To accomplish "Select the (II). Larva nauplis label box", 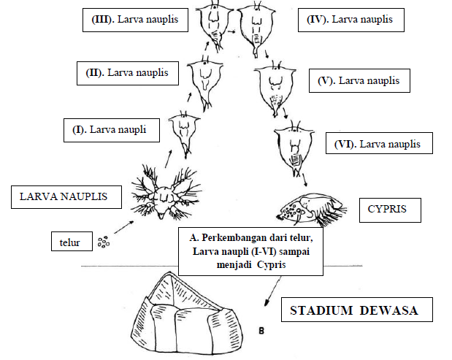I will pos(127,73).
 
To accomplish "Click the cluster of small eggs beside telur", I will pos(104,240).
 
